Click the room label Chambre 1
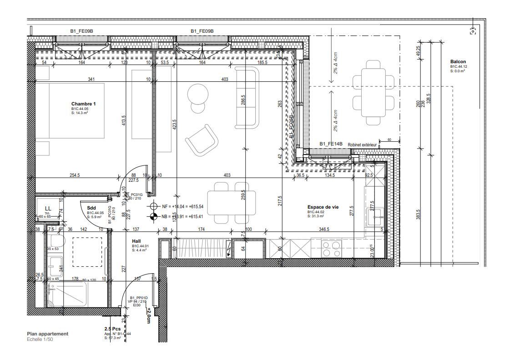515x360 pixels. click(83, 104)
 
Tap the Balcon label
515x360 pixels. click(458, 62)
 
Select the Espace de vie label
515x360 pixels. click(323, 207)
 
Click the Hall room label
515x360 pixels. click(136, 241)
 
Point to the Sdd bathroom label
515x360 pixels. click(91, 208)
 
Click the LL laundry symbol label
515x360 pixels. click(48, 209)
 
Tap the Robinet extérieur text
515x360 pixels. click(362, 145)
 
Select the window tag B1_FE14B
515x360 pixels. click(331, 144)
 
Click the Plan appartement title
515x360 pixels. click(47, 334)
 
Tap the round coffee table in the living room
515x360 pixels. click(198, 94)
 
